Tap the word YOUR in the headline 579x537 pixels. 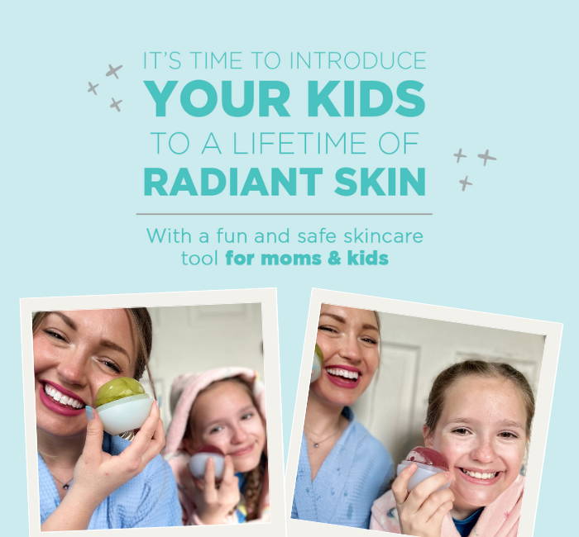click(217, 98)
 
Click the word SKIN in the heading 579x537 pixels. click(380, 182)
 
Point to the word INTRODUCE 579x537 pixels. click(358, 61)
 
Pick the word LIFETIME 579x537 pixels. click(300, 143)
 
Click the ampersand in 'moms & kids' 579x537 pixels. click(334, 258)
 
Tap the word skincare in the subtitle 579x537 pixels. click(383, 236)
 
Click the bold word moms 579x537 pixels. click(291, 259)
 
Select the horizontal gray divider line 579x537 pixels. click(284, 214)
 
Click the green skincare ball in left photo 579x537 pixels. click(120, 392)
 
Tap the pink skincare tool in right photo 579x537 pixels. click(431, 460)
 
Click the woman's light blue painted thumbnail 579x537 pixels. click(90, 413)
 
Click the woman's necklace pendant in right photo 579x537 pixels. click(316, 445)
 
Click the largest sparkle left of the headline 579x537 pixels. click(114, 71)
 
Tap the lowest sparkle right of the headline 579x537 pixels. click(466, 183)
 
